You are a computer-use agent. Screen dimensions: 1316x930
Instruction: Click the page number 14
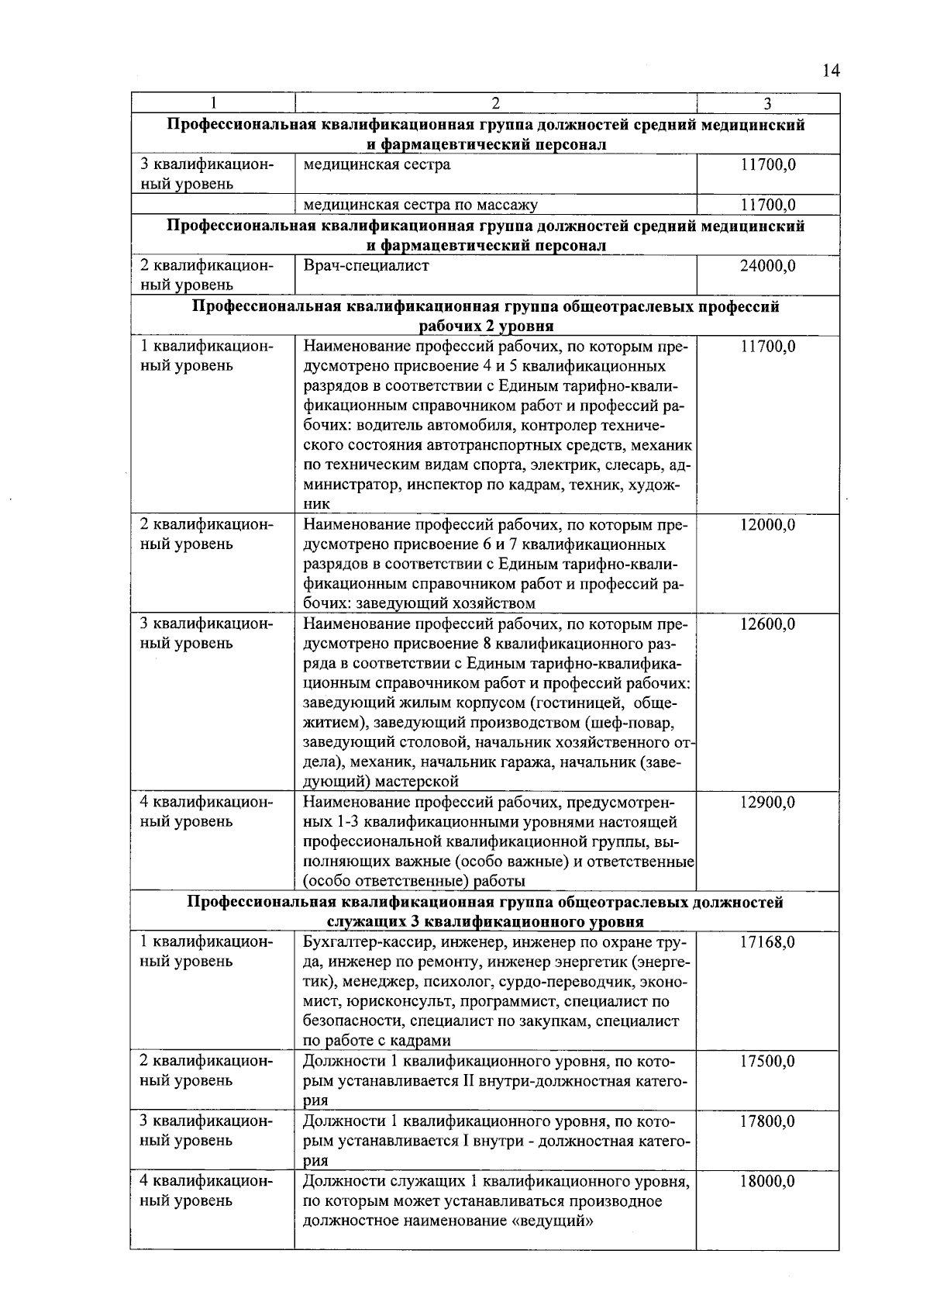tap(830, 71)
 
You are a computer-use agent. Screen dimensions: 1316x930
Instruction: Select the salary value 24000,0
tap(767, 266)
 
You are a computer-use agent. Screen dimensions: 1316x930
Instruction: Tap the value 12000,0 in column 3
tap(767, 525)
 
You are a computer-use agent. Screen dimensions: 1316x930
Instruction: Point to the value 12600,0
tap(767, 624)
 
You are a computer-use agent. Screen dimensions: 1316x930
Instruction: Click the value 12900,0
tap(767, 803)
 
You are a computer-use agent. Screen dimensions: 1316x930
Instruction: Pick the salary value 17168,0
tap(767, 942)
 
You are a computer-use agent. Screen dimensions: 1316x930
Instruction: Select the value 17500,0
tap(767, 1062)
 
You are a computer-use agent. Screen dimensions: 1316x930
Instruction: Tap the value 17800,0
tap(767, 1121)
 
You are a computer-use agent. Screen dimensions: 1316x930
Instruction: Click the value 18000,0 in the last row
tap(767, 1181)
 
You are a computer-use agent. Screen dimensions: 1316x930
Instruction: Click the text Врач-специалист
tap(366, 266)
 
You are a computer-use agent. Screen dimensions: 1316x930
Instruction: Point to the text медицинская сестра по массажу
tap(420, 206)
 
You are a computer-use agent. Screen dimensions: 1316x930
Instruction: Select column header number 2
tap(495, 104)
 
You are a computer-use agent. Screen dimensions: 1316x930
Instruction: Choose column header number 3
tap(767, 104)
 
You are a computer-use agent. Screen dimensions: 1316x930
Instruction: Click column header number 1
tap(212, 104)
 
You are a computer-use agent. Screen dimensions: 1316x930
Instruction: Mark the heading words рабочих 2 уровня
tap(486, 326)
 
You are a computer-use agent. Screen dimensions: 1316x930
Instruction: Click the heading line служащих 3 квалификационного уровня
tap(485, 922)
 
